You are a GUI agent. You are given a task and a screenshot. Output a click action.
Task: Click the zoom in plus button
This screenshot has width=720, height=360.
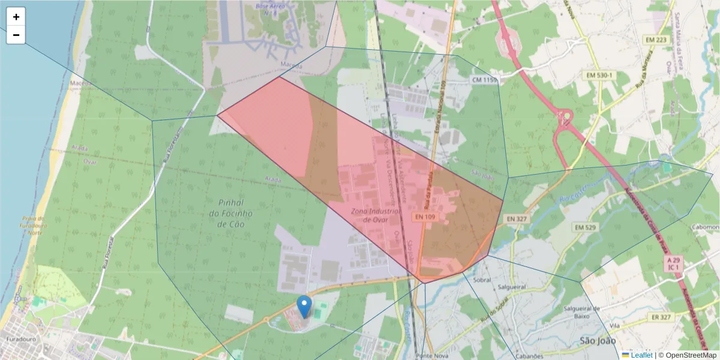[x=16, y=17]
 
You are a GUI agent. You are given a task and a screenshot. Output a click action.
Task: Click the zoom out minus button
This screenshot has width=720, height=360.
[x=16, y=35]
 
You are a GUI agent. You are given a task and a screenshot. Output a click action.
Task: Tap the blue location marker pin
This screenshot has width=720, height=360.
[x=305, y=307]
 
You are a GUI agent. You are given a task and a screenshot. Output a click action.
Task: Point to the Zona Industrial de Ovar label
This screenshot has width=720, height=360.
[x=376, y=215]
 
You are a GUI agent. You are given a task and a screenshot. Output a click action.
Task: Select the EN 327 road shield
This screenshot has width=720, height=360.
[x=516, y=219]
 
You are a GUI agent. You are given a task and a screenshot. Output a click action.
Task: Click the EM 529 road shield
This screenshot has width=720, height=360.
[x=584, y=227]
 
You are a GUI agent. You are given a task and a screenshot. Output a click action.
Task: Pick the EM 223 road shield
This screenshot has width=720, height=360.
[x=655, y=40]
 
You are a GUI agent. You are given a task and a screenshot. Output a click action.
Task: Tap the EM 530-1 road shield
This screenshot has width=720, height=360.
[x=600, y=75]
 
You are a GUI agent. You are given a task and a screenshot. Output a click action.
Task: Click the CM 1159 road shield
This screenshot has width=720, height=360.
[x=485, y=80]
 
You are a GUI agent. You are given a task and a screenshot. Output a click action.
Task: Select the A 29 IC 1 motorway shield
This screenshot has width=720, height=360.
[x=674, y=263]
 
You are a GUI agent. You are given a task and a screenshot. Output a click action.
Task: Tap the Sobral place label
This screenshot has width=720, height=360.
[x=482, y=280]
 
